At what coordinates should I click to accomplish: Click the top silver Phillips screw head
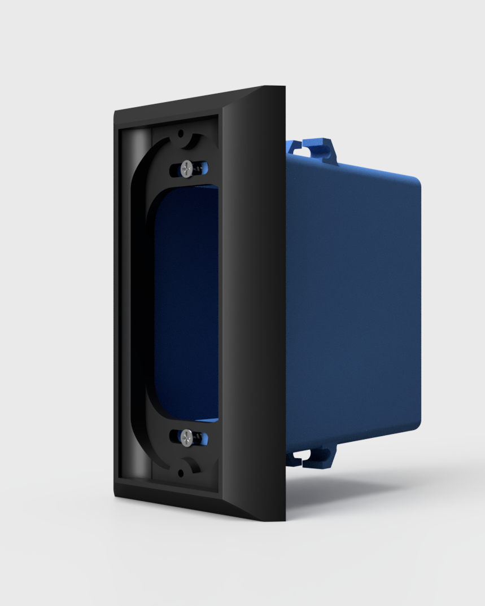pyautogui.click(x=187, y=168)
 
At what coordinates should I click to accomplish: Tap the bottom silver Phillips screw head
pyautogui.click(x=186, y=436)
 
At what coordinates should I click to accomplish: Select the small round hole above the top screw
pyautogui.click(x=181, y=134)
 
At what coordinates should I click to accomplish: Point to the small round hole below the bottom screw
pyautogui.click(x=181, y=473)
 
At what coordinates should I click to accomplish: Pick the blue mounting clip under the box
pyautogui.click(x=313, y=455)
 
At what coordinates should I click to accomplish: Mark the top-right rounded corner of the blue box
pyautogui.click(x=415, y=182)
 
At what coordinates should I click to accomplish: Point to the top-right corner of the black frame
pyautogui.click(x=282, y=88)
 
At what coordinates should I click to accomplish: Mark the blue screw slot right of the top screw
pyautogui.click(x=202, y=168)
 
